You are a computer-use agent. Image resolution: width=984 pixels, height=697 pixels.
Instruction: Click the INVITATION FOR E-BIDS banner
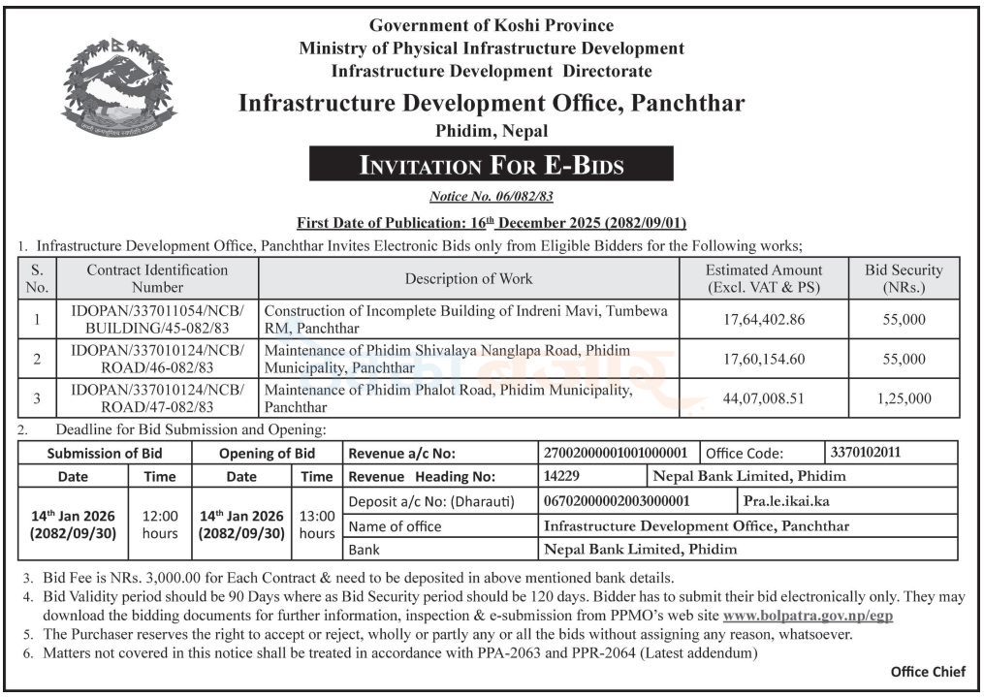coord(491,164)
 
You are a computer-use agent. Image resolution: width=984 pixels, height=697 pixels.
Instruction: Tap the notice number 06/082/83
coord(491,197)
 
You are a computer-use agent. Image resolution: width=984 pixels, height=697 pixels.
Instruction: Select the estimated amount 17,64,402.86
coord(763,318)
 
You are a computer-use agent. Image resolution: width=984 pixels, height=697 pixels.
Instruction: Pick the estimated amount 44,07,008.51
coord(763,398)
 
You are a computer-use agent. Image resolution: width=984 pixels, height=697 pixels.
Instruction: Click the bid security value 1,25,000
coord(904,398)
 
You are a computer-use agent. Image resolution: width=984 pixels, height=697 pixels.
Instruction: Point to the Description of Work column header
coord(468,279)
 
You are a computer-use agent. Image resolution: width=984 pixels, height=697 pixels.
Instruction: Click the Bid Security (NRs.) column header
coord(904,279)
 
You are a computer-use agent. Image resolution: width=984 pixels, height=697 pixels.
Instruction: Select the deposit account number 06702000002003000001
coord(617,501)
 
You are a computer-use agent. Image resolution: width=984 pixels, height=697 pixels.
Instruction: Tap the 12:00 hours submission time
coord(160,524)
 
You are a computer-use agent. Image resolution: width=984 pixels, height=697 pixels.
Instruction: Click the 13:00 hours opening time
coord(317,524)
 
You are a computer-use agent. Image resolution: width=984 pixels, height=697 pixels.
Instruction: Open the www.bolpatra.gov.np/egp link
coord(808,615)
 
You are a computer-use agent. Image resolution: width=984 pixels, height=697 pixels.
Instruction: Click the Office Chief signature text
coord(928,672)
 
